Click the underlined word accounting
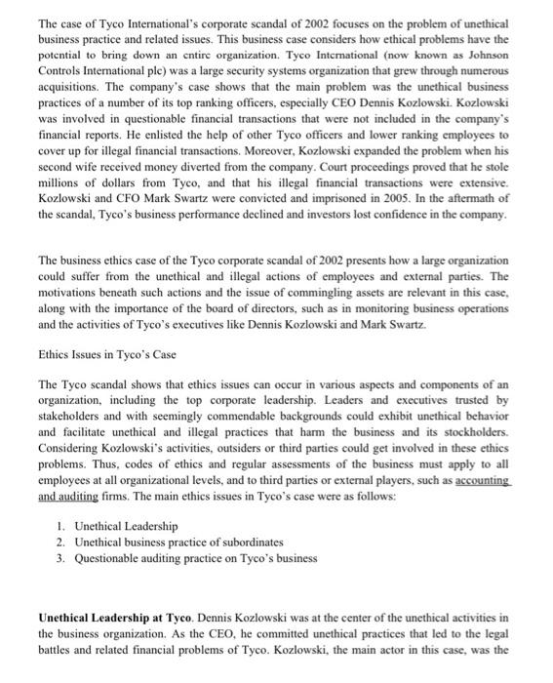coord(476,481)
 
